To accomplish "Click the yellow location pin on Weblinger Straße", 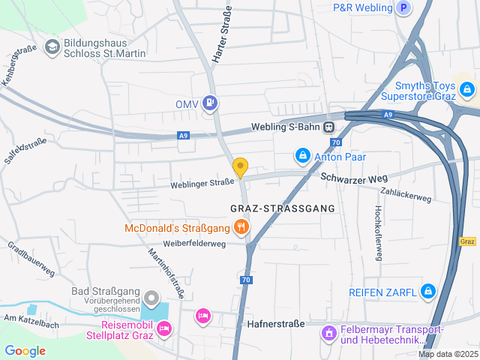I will pyautogui.click(x=240, y=166).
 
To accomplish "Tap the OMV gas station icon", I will pyautogui.click(x=211, y=103).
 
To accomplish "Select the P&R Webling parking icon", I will pyautogui.click(x=404, y=8).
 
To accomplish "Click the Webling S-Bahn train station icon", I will pyautogui.click(x=329, y=127).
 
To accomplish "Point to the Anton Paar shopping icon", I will pyautogui.click(x=301, y=157).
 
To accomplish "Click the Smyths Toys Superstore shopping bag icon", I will pyautogui.click(x=467, y=90).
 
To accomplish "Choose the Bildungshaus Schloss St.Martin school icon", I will pyautogui.click(x=52, y=48).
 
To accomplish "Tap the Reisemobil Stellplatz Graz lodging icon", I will pyautogui.click(x=164, y=328).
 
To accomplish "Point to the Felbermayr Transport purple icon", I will pyautogui.click(x=328, y=331).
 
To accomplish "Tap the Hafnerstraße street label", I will pyautogui.click(x=276, y=324).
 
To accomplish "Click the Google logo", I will pyautogui.click(x=25, y=350).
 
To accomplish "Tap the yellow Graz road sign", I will pyautogui.click(x=467, y=241).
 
